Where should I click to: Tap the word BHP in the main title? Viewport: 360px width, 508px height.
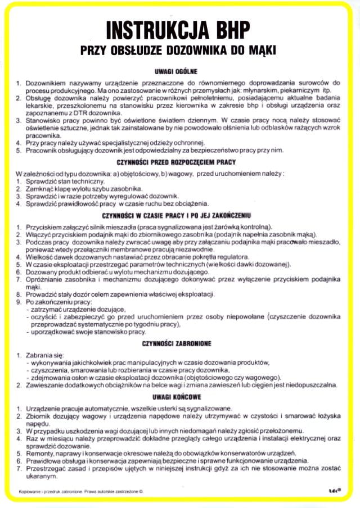[231, 29]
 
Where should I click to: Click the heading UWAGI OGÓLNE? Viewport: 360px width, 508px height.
[179, 72]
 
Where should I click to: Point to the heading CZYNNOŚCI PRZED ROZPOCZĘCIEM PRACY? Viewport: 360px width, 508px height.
[179, 162]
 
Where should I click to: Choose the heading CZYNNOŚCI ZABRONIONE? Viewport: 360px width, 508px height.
[179, 343]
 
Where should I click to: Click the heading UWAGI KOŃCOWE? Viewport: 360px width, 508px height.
[179, 397]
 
